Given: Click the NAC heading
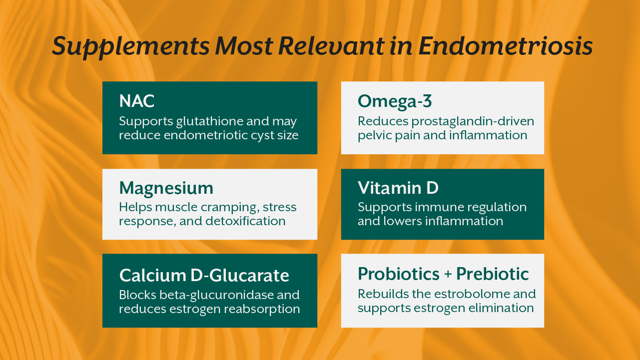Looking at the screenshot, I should [x=137, y=101].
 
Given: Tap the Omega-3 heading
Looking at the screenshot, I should [x=395, y=101].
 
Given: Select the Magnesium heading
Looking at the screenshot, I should [x=166, y=188].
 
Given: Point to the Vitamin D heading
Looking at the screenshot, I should [x=398, y=188].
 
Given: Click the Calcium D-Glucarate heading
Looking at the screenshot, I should [x=204, y=275].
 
